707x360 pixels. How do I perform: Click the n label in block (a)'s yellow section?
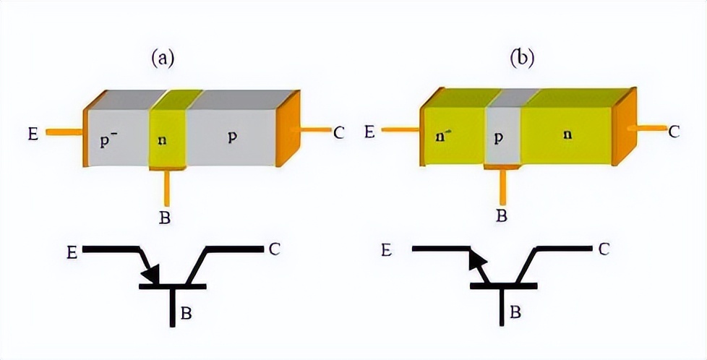166,139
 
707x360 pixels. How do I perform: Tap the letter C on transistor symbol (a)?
274,249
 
